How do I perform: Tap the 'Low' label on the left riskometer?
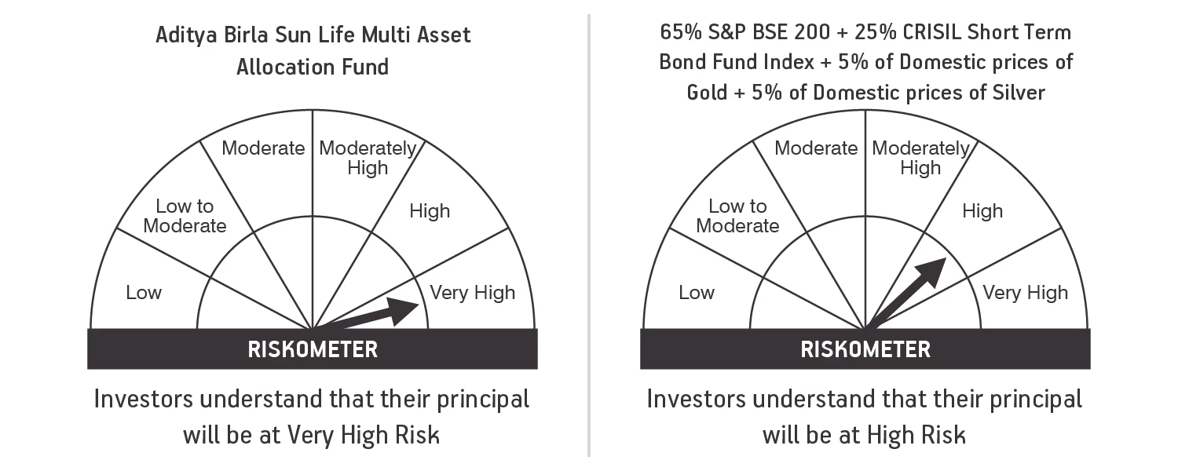coord(144,293)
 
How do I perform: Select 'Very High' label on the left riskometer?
coord(472,293)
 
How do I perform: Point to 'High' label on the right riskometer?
coord(982,211)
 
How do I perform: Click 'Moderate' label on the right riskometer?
coord(816,148)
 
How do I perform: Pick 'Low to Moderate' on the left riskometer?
coord(185,216)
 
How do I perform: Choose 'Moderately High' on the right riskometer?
coord(920,158)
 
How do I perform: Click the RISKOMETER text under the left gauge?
coord(313,349)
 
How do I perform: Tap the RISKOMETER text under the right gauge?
coord(865,349)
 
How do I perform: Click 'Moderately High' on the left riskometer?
coord(368,158)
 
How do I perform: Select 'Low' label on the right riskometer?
coord(697,293)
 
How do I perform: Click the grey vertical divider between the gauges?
coord(589,235)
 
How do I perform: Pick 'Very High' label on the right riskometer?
coord(1025,293)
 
